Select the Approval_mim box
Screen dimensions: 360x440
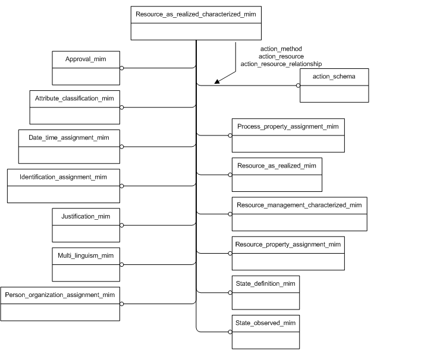click(x=86, y=68)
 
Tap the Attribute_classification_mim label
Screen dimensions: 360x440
click(x=75, y=97)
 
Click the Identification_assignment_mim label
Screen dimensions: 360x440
click(x=63, y=177)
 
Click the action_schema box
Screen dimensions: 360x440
click(x=334, y=86)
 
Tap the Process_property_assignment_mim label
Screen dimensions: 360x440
click(x=287, y=127)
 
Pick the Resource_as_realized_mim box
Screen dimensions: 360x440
click(x=276, y=175)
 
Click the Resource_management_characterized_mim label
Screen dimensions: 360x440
click(x=299, y=205)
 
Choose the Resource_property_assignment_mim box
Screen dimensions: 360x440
click(x=288, y=253)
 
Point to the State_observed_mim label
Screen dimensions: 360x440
click(x=265, y=323)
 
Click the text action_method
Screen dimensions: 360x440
click(x=281, y=49)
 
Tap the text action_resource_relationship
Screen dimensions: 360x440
click(x=281, y=63)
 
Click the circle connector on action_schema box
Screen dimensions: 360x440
click(x=298, y=86)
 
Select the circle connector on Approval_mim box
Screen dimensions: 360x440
click(x=122, y=68)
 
